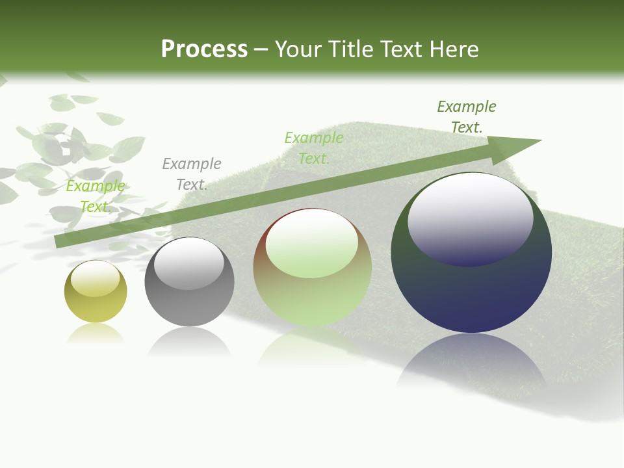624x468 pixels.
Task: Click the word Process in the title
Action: pyautogui.click(x=204, y=49)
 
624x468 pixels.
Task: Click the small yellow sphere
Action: pyautogui.click(x=96, y=305)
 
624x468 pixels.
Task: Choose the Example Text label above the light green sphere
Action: pyautogui.click(x=314, y=148)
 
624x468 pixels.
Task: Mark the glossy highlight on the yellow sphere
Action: pyautogui.click(x=96, y=278)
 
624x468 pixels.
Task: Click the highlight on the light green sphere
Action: pyautogui.click(x=312, y=242)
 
